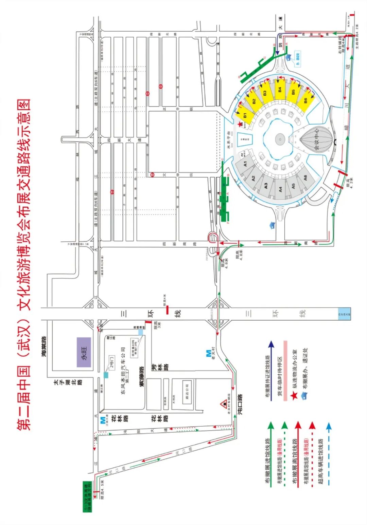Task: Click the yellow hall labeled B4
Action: pos(280,90)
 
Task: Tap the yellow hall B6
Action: pos(304,100)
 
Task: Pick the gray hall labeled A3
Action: pos(266,185)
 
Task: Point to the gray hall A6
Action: pos(305,177)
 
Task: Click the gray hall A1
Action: pos(245,164)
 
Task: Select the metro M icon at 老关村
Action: pos(208,353)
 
